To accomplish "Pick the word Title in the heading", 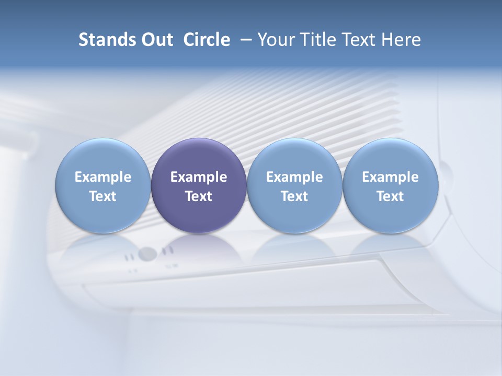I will [x=317, y=40].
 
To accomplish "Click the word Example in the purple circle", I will [x=199, y=177].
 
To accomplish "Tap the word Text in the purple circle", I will [x=199, y=196].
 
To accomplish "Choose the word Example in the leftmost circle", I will [x=102, y=177].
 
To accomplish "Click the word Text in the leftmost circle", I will [x=102, y=196].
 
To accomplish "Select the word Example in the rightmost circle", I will [x=390, y=177].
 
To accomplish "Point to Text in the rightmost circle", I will [x=390, y=196].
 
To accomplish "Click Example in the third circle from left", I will [x=294, y=177].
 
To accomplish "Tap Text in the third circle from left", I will [x=294, y=196].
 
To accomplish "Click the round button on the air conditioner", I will [x=148, y=254].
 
